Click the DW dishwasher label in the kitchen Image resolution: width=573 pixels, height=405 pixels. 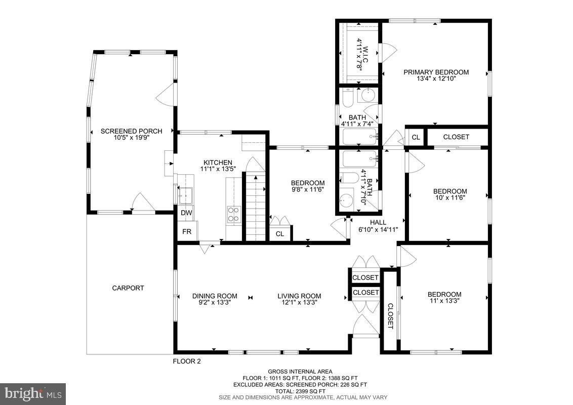(186, 213)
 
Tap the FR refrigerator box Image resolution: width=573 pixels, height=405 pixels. (187, 231)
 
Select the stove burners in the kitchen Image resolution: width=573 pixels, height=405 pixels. (233, 214)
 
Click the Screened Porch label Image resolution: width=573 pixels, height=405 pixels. (131, 131)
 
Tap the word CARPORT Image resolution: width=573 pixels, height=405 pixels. (128, 288)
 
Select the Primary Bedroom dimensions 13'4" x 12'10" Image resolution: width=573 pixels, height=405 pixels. (436, 78)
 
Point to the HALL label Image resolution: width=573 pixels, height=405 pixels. (378, 222)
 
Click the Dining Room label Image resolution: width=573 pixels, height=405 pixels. (215, 296)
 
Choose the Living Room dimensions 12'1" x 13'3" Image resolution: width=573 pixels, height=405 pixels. (299, 303)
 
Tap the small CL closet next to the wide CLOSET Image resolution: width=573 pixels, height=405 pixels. (416, 137)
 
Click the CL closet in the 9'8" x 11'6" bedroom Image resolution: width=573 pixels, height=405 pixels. (279, 234)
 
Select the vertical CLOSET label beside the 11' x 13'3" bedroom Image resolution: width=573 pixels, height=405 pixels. (390, 316)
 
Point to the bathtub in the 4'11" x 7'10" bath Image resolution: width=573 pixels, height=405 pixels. (359, 159)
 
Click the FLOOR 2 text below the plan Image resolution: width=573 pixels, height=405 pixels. (187, 361)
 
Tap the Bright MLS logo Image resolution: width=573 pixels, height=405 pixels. (33, 393)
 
